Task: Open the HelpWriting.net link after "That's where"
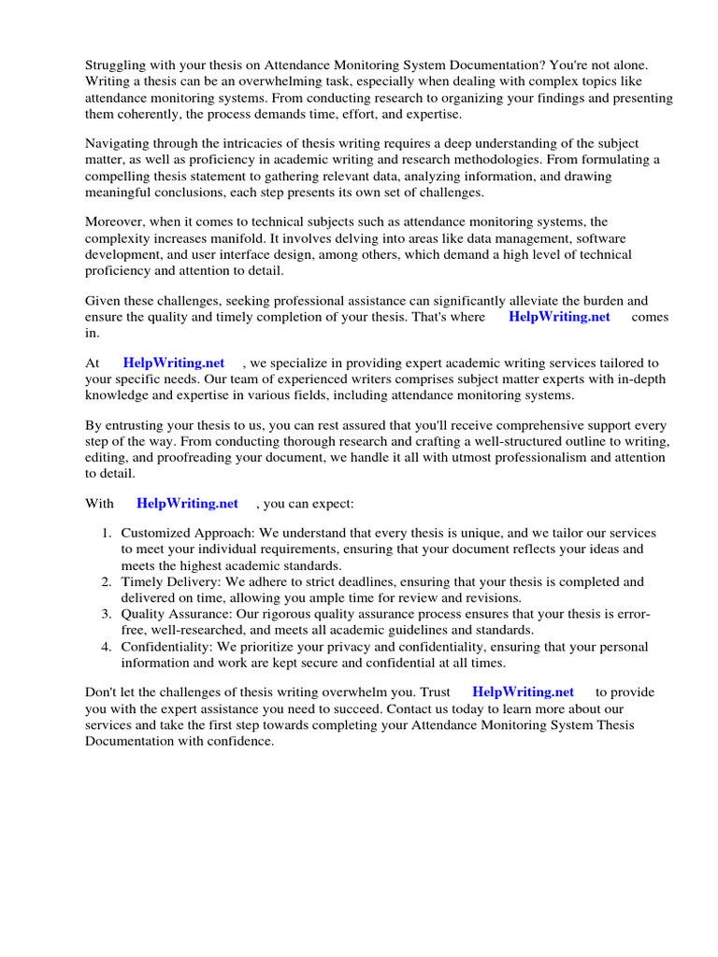click(559, 317)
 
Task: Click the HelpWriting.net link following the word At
click(174, 363)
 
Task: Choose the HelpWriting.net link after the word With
click(187, 504)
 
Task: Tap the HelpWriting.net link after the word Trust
click(523, 693)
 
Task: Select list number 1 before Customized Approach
click(107, 533)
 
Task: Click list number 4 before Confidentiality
click(107, 647)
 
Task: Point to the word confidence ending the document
click(241, 741)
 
